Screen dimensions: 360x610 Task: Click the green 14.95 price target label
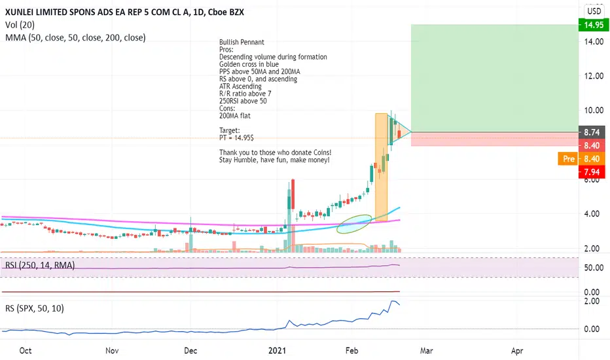click(592, 25)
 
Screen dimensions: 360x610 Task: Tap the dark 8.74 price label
click(592, 132)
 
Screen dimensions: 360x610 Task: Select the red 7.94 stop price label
click(592, 171)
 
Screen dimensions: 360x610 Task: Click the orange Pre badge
click(566, 158)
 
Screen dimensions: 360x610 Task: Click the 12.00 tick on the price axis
click(592, 76)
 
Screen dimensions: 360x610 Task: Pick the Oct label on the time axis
click(26, 350)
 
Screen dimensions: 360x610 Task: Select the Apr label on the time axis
click(517, 350)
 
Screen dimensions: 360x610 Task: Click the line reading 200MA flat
click(235, 116)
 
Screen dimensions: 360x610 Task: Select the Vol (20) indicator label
click(20, 25)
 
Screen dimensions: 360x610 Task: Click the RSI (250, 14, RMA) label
click(39, 266)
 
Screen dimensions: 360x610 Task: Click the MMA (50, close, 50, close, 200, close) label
click(75, 37)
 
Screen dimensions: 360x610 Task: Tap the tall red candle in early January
click(293, 194)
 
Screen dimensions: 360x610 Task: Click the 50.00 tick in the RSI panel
click(592, 268)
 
